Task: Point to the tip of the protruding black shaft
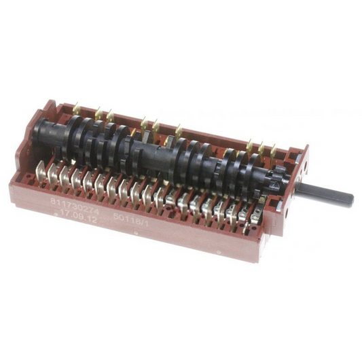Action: click(350, 199)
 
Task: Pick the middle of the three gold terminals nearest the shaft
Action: click(261, 147)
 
